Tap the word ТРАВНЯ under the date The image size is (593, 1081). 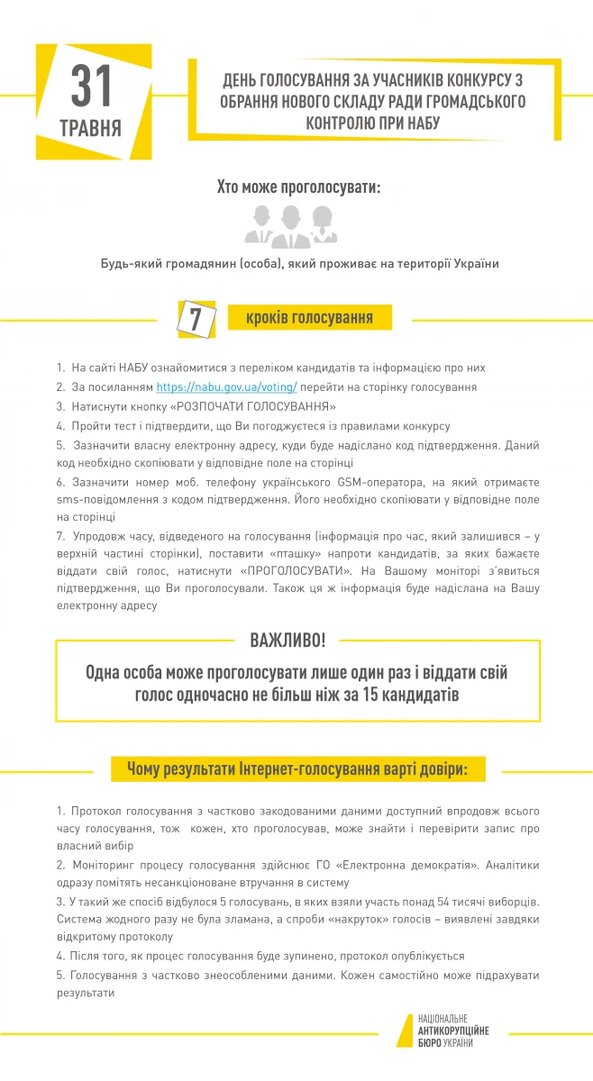[91, 127]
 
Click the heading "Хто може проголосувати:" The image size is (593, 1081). [298, 188]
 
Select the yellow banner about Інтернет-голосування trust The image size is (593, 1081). [296, 769]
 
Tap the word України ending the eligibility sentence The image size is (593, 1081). [473, 264]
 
